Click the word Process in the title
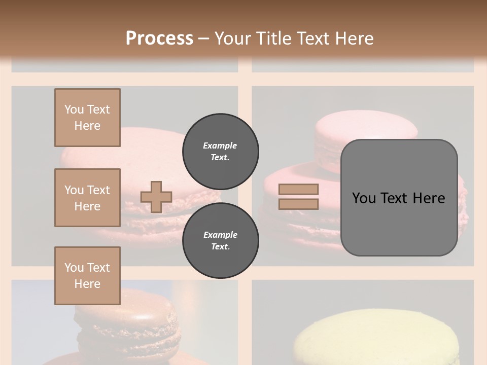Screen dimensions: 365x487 (x=159, y=39)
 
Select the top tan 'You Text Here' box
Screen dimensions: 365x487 (x=87, y=118)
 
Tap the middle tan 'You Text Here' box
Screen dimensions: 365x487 (x=87, y=198)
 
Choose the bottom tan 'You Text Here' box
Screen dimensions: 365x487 (x=87, y=276)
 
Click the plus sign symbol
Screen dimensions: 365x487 (x=156, y=197)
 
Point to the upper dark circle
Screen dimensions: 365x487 (x=220, y=151)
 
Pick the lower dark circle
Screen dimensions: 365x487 (x=220, y=241)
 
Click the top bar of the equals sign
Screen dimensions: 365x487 (x=298, y=190)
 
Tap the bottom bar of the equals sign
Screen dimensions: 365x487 (x=298, y=204)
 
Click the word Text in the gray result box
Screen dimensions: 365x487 (x=396, y=198)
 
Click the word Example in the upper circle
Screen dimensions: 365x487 (x=220, y=145)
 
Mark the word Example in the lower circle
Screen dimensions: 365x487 (x=220, y=235)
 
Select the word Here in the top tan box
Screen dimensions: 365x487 (x=87, y=126)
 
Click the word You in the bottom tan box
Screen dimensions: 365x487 (x=74, y=268)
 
